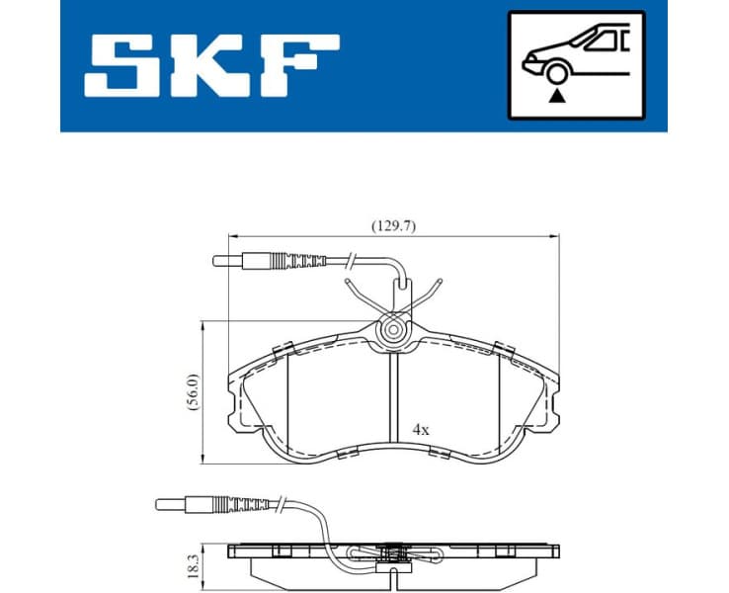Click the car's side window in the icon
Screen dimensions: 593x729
pyautogui.click(x=605, y=41)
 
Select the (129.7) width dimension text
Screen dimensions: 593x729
pyautogui.click(x=393, y=225)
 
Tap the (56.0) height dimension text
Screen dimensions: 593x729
pyautogui.click(x=195, y=391)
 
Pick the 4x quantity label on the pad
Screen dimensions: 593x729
pyautogui.click(x=421, y=430)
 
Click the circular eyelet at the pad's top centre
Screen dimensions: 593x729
pyautogui.click(x=394, y=330)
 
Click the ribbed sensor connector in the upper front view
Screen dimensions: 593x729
pyautogui.click(x=301, y=262)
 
